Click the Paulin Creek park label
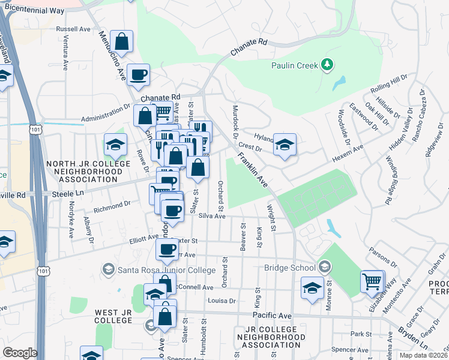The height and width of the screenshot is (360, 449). coord(294,65)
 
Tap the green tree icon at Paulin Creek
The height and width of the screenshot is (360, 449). coord(327,64)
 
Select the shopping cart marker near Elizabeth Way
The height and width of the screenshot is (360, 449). coord(373,281)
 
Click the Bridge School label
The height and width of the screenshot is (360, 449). coord(291,268)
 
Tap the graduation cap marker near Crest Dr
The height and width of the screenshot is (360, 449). coord(285,145)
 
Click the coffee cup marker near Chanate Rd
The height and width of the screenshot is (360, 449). coord(139,75)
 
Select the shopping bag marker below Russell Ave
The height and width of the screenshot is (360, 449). coord(121,42)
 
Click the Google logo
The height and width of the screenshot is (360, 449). coord(20,353)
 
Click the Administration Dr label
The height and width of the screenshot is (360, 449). coord(106,112)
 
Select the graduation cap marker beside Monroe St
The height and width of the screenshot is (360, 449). coord(312,289)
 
